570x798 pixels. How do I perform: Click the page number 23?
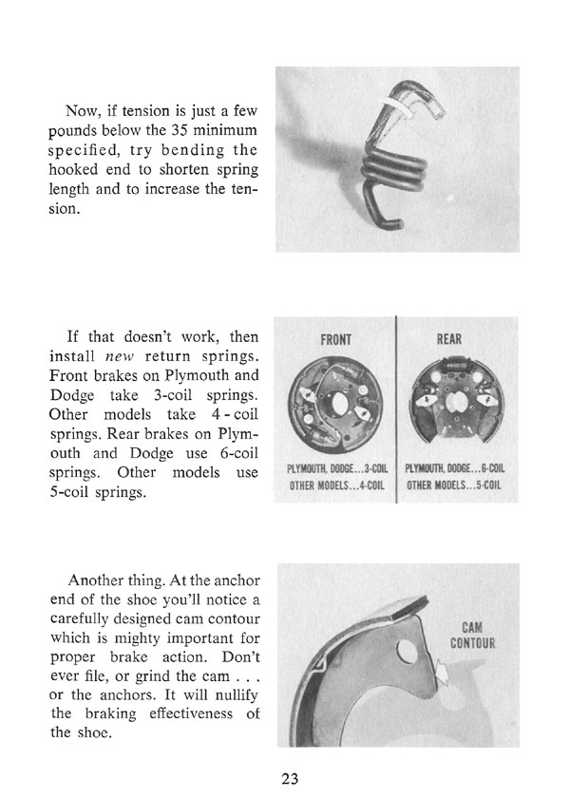tap(290, 778)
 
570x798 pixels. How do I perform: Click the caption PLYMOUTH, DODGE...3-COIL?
tap(335, 467)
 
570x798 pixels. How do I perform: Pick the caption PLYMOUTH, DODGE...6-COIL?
tap(455, 467)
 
